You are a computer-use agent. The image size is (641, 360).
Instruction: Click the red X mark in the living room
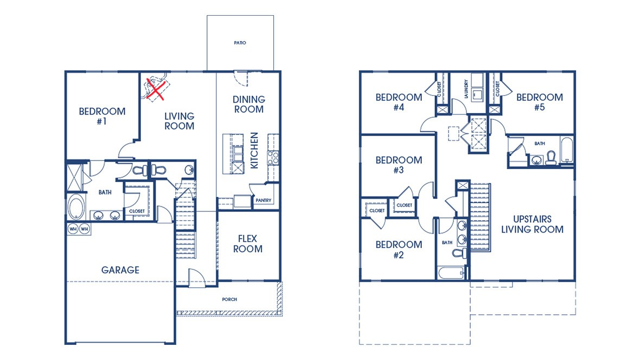click(156, 90)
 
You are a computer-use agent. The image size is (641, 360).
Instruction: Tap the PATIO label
click(240, 43)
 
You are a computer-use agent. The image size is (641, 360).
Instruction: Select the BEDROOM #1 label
click(102, 117)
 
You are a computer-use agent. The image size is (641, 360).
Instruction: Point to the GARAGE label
click(120, 270)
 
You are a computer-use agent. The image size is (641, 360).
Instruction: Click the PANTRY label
click(263, 201)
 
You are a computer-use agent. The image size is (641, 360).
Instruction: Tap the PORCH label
click(229, 299)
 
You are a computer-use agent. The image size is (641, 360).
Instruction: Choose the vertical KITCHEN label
click(254, 151)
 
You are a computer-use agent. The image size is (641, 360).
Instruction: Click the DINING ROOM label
click(249, 104)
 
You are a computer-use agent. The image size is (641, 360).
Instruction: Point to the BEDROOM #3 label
click(399, 165)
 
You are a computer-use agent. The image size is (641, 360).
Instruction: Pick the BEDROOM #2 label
click(399, 249)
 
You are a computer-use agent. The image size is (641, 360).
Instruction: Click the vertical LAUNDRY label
click(466, 89)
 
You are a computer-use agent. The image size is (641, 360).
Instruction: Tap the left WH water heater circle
click(73, 229)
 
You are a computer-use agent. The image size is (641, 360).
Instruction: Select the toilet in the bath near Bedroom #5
click(551, 158)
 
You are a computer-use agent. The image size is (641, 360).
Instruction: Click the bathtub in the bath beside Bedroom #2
click(452, 272)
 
